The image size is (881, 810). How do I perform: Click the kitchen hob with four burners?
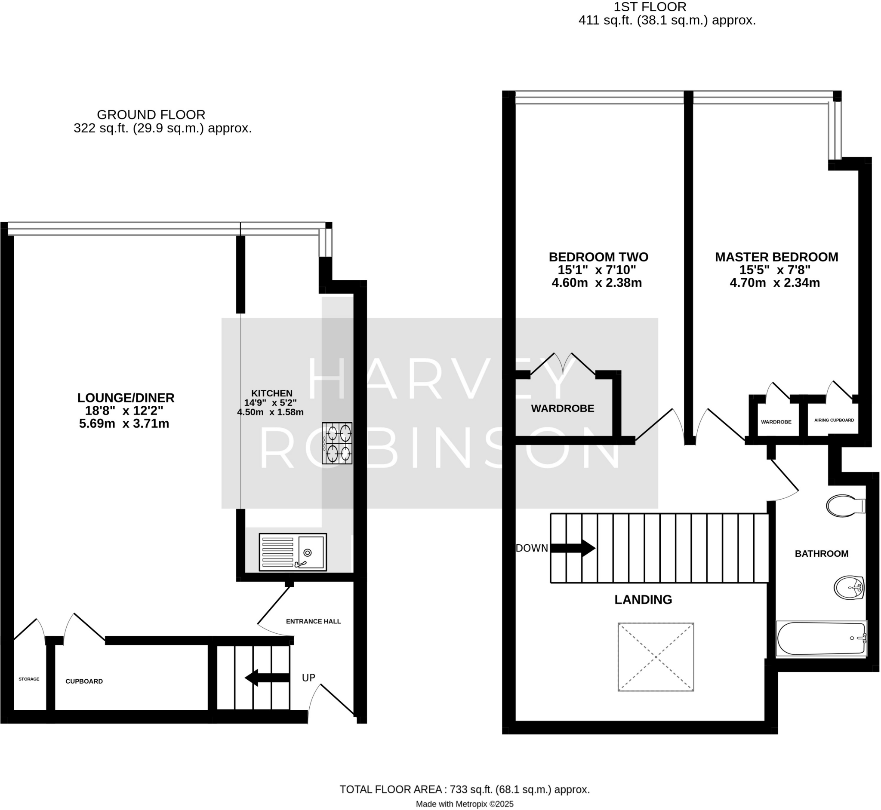coord(337,443)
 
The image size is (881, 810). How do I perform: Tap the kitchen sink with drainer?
coord(293,552)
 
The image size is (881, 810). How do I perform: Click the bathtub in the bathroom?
coord(820,638)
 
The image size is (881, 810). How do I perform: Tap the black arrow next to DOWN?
coord(572,548)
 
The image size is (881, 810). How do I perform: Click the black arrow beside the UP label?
coord(267,678)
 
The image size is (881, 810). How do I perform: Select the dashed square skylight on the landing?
coord(656,657)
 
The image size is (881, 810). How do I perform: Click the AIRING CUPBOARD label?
coord(834,420)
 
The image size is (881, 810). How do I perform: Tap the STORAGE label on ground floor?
coord(29,679)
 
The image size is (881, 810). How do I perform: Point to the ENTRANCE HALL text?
coord(313,621)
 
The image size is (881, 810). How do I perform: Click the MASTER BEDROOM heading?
coord(776,257)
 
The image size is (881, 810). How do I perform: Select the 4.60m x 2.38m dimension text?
coord(596,283)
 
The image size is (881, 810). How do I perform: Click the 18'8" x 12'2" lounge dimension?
coord(124,411)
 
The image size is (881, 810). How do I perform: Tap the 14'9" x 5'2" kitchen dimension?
coord(270,402)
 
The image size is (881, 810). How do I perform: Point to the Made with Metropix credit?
coord(465,804)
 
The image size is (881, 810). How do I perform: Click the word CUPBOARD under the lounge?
coord(84,681)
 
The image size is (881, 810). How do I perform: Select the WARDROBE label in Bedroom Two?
coord(563,408)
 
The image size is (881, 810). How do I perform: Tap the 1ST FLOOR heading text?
coord(650,7)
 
